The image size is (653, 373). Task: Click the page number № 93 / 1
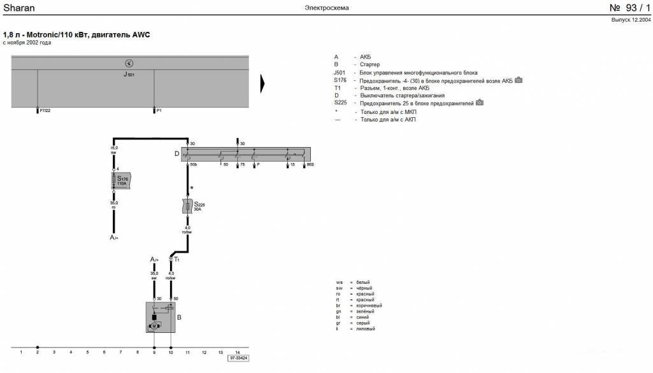[x=630, y=8]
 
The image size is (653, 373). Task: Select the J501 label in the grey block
[x=129, y=74]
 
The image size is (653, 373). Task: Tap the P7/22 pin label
[x=45, y=111]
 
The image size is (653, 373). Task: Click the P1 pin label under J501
[x=159, y=111]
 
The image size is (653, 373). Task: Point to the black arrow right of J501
[x=262, y=84]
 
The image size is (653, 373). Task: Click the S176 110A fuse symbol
[x=121, y=180]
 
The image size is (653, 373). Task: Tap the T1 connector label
[x=176, y=260]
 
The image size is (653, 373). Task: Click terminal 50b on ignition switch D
[x=194, y=165]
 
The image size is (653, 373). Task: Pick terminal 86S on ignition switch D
[x=310, y=165]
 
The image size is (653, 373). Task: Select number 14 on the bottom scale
[x=238, y=351]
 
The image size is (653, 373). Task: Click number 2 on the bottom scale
[x=38, y=351]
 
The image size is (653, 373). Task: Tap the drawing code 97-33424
[x=238, y=358]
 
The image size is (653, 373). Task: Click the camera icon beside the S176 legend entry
[x=519, y=80]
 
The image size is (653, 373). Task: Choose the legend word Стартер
[x=370, y=65]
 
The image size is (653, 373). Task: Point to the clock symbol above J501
[x=129, y=63]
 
